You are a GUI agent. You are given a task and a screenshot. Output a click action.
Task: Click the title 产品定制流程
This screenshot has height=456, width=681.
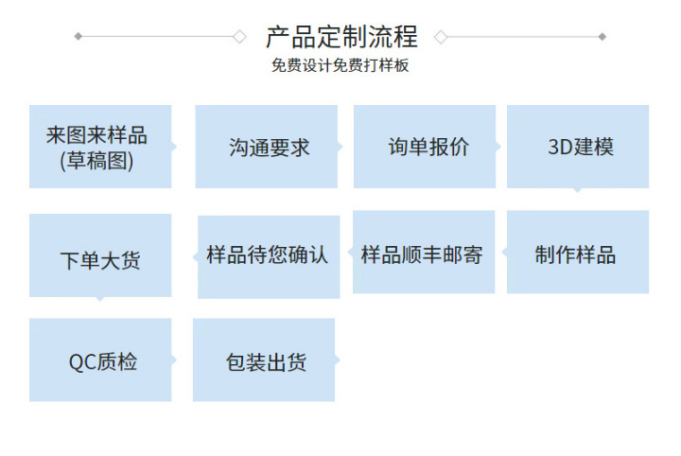click(x=340, y=37)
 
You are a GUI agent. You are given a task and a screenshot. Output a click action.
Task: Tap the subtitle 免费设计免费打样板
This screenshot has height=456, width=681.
click(x=340, y=66)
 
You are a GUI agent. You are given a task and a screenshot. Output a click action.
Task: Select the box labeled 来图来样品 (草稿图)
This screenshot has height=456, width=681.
click(x=100, y=147)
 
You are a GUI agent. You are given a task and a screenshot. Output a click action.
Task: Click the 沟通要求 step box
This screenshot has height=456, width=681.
click(x=267, y=147)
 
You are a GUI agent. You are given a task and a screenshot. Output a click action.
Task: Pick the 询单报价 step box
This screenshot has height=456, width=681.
click(x=425, y=147)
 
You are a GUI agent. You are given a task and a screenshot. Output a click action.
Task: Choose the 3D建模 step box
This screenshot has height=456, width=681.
click(x=578, y=147)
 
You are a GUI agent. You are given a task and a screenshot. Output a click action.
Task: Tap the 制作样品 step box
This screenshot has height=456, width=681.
click(x=578, y=254)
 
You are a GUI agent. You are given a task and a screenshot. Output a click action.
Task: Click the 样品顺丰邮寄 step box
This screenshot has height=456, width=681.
click(x=424, y=254)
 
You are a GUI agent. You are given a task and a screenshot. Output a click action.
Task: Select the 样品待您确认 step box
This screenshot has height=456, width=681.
click(x=269, y=255)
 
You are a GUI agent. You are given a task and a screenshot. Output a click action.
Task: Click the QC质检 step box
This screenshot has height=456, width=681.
click(x=100, y=360)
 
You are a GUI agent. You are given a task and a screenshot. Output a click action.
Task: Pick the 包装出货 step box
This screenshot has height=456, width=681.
click(x=265, y=360)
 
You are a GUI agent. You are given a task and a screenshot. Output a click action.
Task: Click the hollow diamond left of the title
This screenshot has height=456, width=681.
click(x=239, y=37)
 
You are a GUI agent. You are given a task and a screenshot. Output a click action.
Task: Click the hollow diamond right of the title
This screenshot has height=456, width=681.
click(x=441, y=37)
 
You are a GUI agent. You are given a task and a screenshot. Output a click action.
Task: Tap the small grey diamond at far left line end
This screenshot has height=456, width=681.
click(x=78, y=37)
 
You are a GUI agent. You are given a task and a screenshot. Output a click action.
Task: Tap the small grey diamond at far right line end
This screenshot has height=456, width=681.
click(x=602, y=37)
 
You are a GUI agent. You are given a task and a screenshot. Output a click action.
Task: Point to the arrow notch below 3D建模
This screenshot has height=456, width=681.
click(x=578, y=190)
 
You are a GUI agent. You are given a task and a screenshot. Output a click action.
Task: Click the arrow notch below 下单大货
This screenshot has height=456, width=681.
click(x=100, y=299)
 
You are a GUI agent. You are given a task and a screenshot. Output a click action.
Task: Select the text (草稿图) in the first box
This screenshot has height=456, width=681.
click(x=96, y=161)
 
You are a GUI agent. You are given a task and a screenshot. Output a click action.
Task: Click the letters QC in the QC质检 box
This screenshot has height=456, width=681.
click(x=81, y=361)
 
